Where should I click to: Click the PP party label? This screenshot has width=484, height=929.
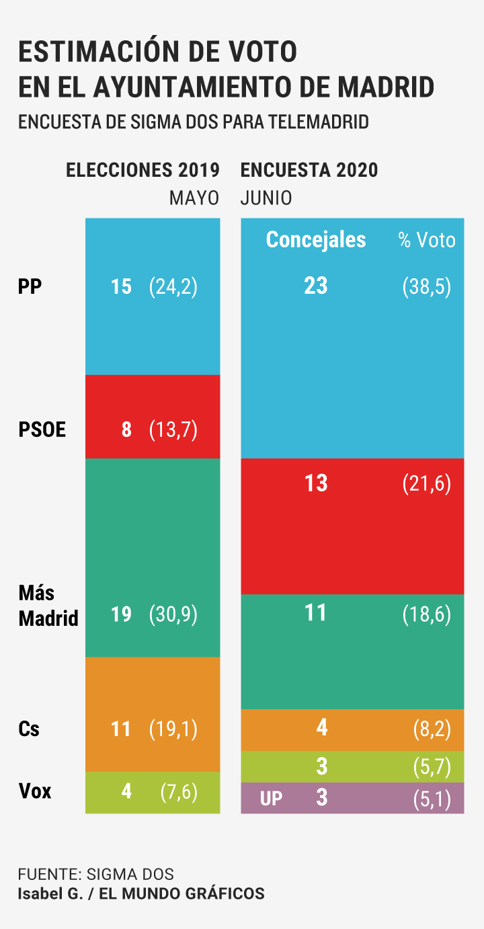click(x=30, y=287)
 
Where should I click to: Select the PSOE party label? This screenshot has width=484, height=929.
click(x=42, y=430)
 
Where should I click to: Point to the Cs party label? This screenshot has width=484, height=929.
click(x=29, y=729)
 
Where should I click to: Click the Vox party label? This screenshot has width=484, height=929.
click(x=35, y=791)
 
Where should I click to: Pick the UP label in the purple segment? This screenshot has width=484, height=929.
click(x=271, y=799)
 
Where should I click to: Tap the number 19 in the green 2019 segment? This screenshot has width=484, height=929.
click(x=121, y=615)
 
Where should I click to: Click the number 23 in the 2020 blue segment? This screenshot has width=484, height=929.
click(x=315, y=286)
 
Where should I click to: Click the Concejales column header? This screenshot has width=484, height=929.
click(x=316, y=240)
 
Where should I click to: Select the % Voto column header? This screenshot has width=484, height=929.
click(x=427, y=241)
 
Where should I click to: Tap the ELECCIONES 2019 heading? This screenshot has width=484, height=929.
click(x=143, y=171)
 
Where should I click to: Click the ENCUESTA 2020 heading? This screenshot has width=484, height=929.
click(x=309, y=171)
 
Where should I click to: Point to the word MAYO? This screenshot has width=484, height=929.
click(x=194, y=199)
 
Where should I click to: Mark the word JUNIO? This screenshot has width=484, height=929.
click(x=266, y=199)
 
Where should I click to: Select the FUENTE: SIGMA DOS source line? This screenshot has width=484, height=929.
click(x=96, y=875)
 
